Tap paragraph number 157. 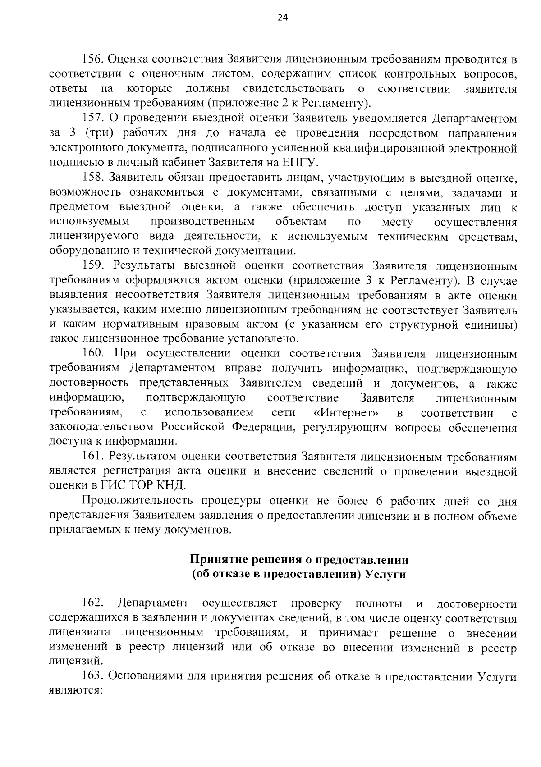[x=92, y=119]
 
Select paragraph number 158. [x=92, y=178]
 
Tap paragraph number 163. [x=92, y=677]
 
